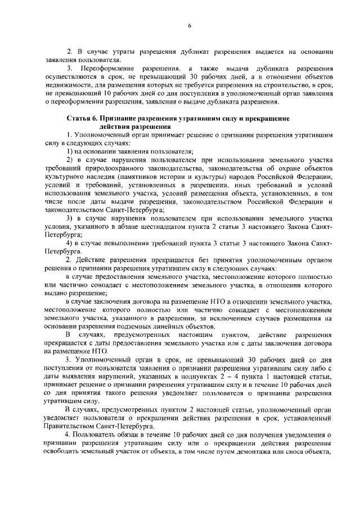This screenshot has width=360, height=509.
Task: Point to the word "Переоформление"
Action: pyautogui.click(x=109, y=67)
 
